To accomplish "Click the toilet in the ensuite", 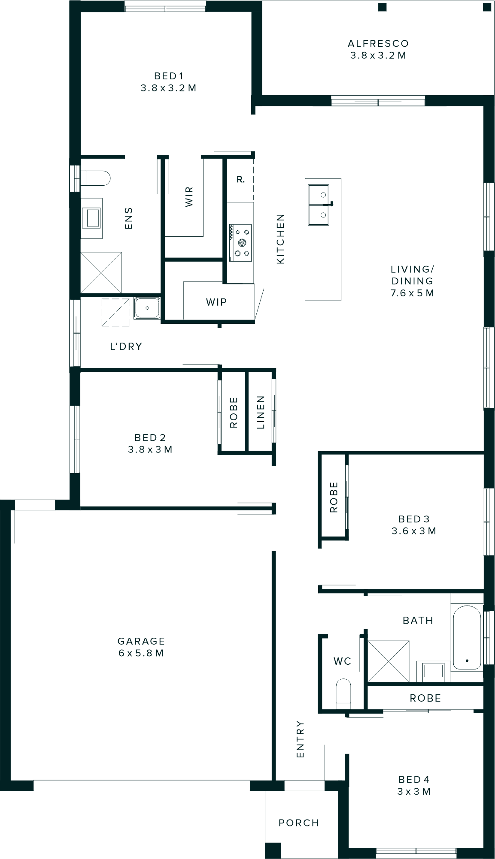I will point(96,178).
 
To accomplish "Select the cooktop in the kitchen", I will point(241,242).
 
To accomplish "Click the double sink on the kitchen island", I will point(319,205).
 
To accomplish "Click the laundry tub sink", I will point(147,308).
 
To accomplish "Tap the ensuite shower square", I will point(101,273).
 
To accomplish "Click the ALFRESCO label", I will point(378,43).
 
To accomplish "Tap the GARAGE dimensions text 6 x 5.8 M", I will point(141,653).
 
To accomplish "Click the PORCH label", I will point(299,823).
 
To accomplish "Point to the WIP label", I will point(216,302).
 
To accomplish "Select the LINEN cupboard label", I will point(261,412).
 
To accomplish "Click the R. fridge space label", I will point(240,180).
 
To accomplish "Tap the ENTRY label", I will point(300,739).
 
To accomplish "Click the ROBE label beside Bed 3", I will point(334,497).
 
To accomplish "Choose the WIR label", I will point(189,196).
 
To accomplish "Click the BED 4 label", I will point(414,779).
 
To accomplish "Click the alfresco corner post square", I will point(382,7).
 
